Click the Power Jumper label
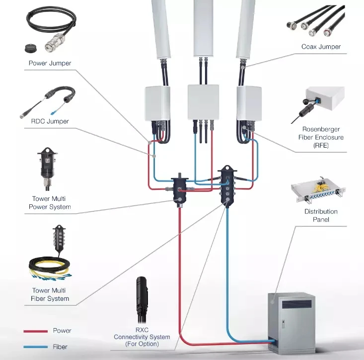50,63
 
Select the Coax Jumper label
321,47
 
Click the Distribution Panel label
321,215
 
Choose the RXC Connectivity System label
142,337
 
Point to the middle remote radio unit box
202,102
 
